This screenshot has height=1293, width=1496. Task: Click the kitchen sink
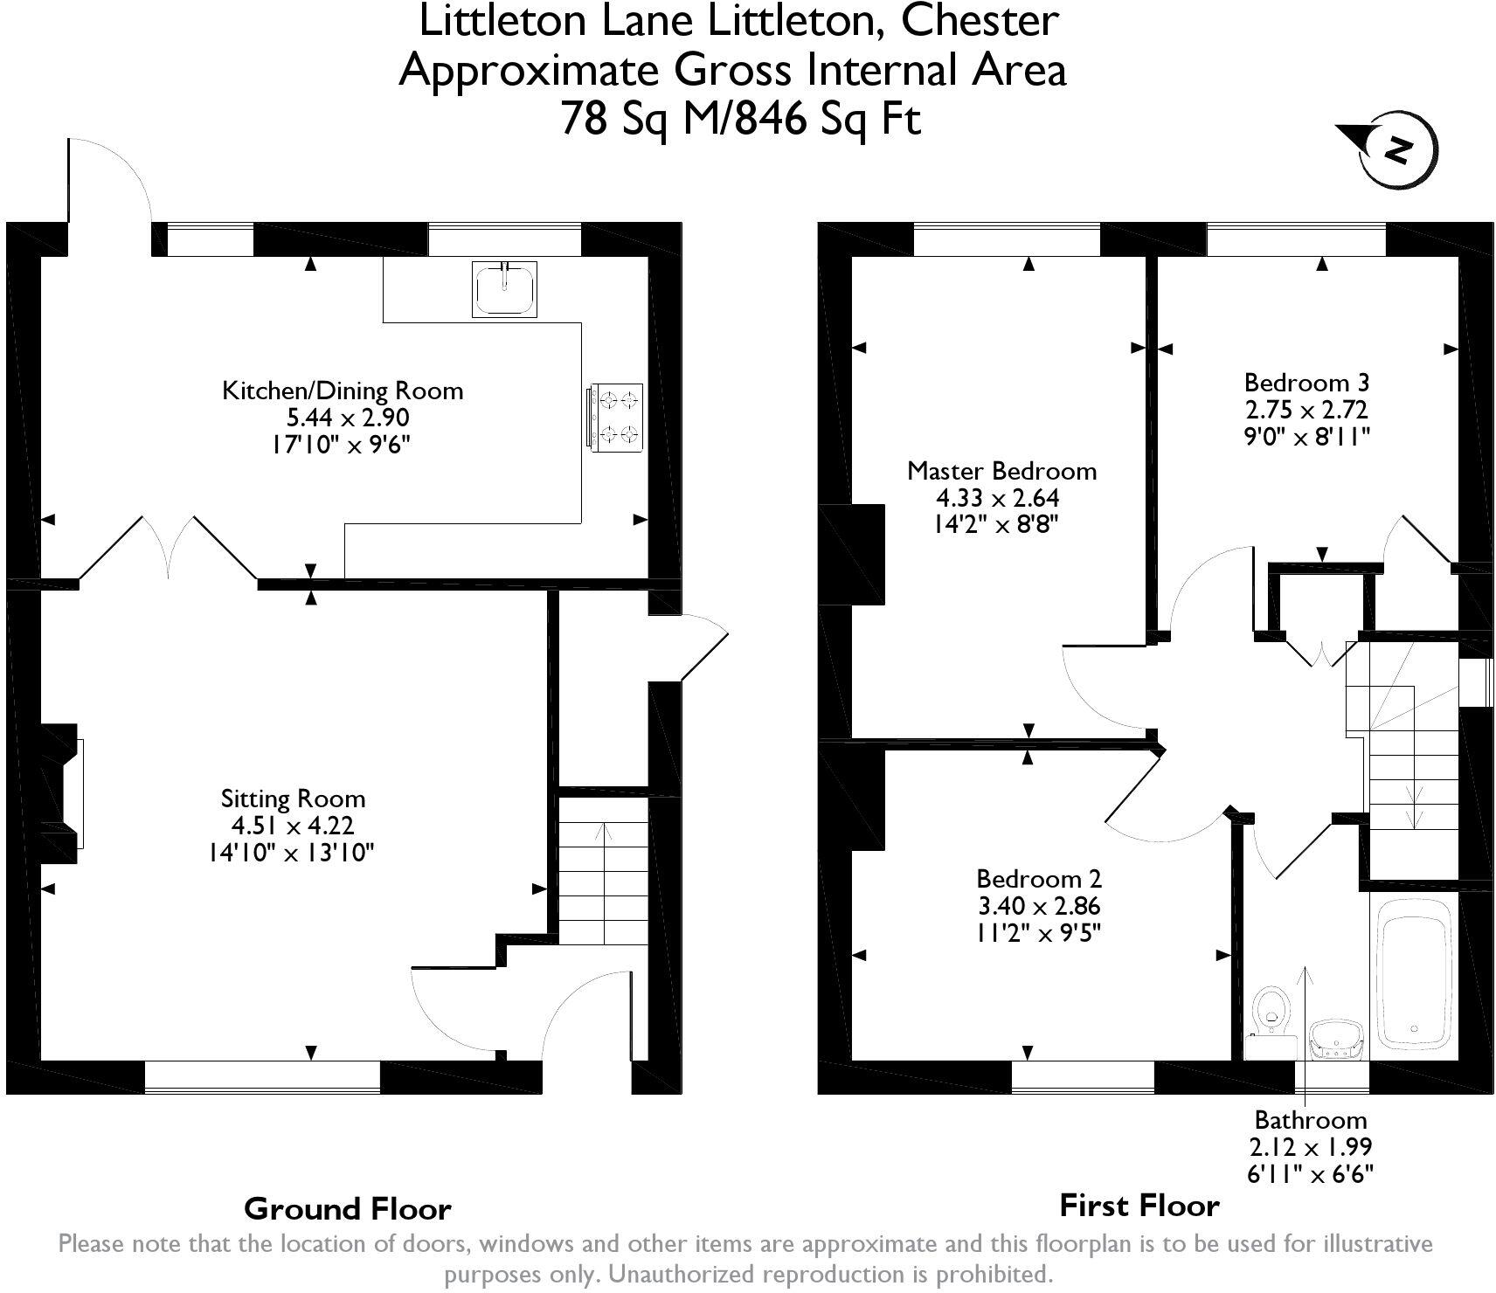click(x=504, y=289)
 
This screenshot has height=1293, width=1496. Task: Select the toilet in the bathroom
click(x=1271, y=1013)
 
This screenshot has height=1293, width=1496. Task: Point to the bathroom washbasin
click(x=1337, y=1039)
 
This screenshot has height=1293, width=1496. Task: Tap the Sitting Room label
click(x=293, y=799)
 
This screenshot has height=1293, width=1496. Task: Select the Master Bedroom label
click(x=1001, y=471)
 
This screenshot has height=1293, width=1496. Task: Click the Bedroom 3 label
click(x=1306, y=383)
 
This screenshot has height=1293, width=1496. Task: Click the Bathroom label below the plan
click(x=1311, y=1120)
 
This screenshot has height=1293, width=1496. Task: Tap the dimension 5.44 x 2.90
click(x=342, y=418)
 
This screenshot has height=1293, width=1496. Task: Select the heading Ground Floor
click(x=348, y=1209)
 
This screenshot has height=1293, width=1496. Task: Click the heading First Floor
click(x=1139, y=1206)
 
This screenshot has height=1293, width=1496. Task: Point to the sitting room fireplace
click(x=61, y=793)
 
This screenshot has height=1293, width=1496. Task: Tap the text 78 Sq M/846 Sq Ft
click(x=740, y=119)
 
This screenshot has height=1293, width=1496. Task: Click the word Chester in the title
click(x=980, y=21)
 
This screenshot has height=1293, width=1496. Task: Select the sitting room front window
click(x=262, y=1076)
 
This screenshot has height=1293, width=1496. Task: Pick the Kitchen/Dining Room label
click(x=343, y=390)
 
